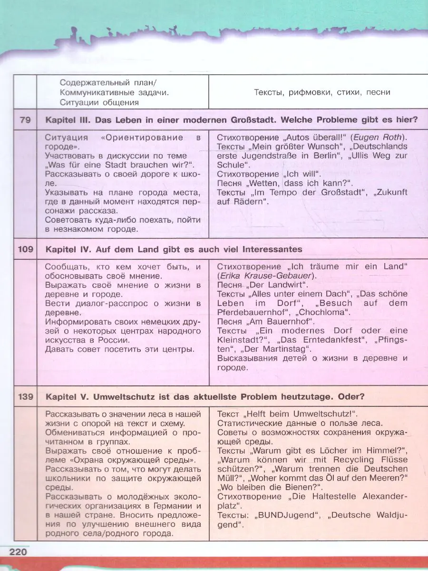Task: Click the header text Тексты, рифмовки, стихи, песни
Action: pyautogui.click(x=322, y=92)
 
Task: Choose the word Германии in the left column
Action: pyautogui.click(x=167, y=506)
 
